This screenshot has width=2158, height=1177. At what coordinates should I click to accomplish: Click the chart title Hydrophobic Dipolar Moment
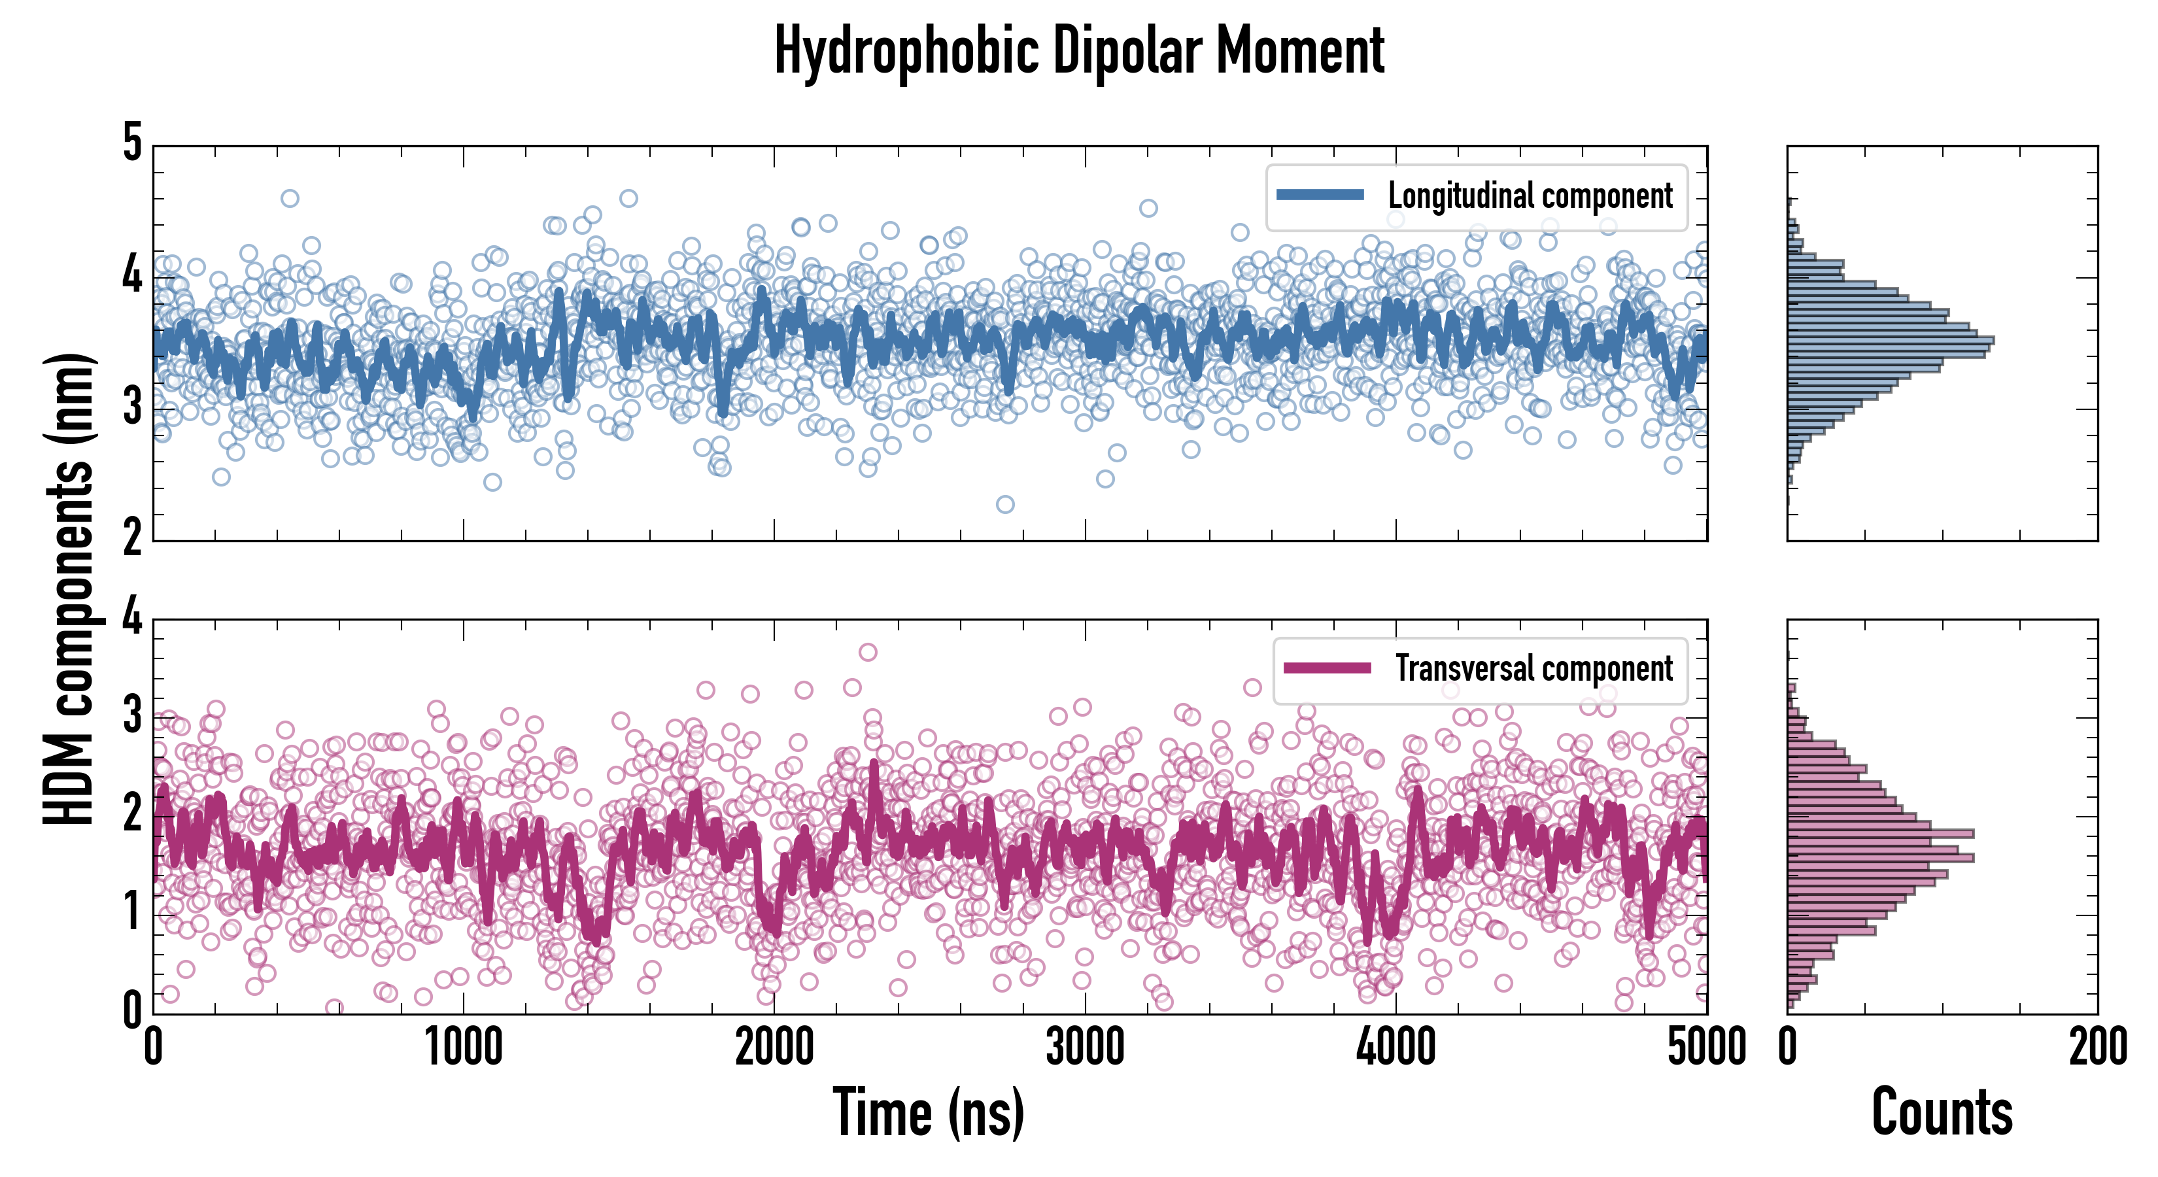[x=1079, y=50]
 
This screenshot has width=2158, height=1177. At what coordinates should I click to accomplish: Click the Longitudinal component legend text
[x=1530, y=196]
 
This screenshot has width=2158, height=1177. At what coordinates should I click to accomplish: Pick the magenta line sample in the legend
[x=1327, y=668]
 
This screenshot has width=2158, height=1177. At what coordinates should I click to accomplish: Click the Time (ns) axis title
[x=928, y=1112]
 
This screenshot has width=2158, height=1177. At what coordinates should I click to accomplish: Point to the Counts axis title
[x=1942, y=1112]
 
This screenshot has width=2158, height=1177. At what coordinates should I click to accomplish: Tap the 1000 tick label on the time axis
[x=463, y=1047]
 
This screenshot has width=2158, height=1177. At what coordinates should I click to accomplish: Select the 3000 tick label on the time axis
[x=1085, y=1047]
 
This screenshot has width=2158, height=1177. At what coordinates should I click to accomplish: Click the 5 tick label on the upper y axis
[x=132, y=143]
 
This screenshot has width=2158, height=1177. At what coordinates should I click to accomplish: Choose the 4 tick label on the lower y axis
[x=132, y=617]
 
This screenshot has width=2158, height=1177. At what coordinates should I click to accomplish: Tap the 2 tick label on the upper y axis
[x=132, y=537]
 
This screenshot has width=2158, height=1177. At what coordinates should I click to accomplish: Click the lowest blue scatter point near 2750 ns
[x=1005, y=504]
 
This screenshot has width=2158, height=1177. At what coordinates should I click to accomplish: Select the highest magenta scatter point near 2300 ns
[x=868, y=652]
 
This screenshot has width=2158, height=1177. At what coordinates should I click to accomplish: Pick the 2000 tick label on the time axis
[x=774, y=1047]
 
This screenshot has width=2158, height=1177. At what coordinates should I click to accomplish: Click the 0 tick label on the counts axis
[x=1788, y=1047]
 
